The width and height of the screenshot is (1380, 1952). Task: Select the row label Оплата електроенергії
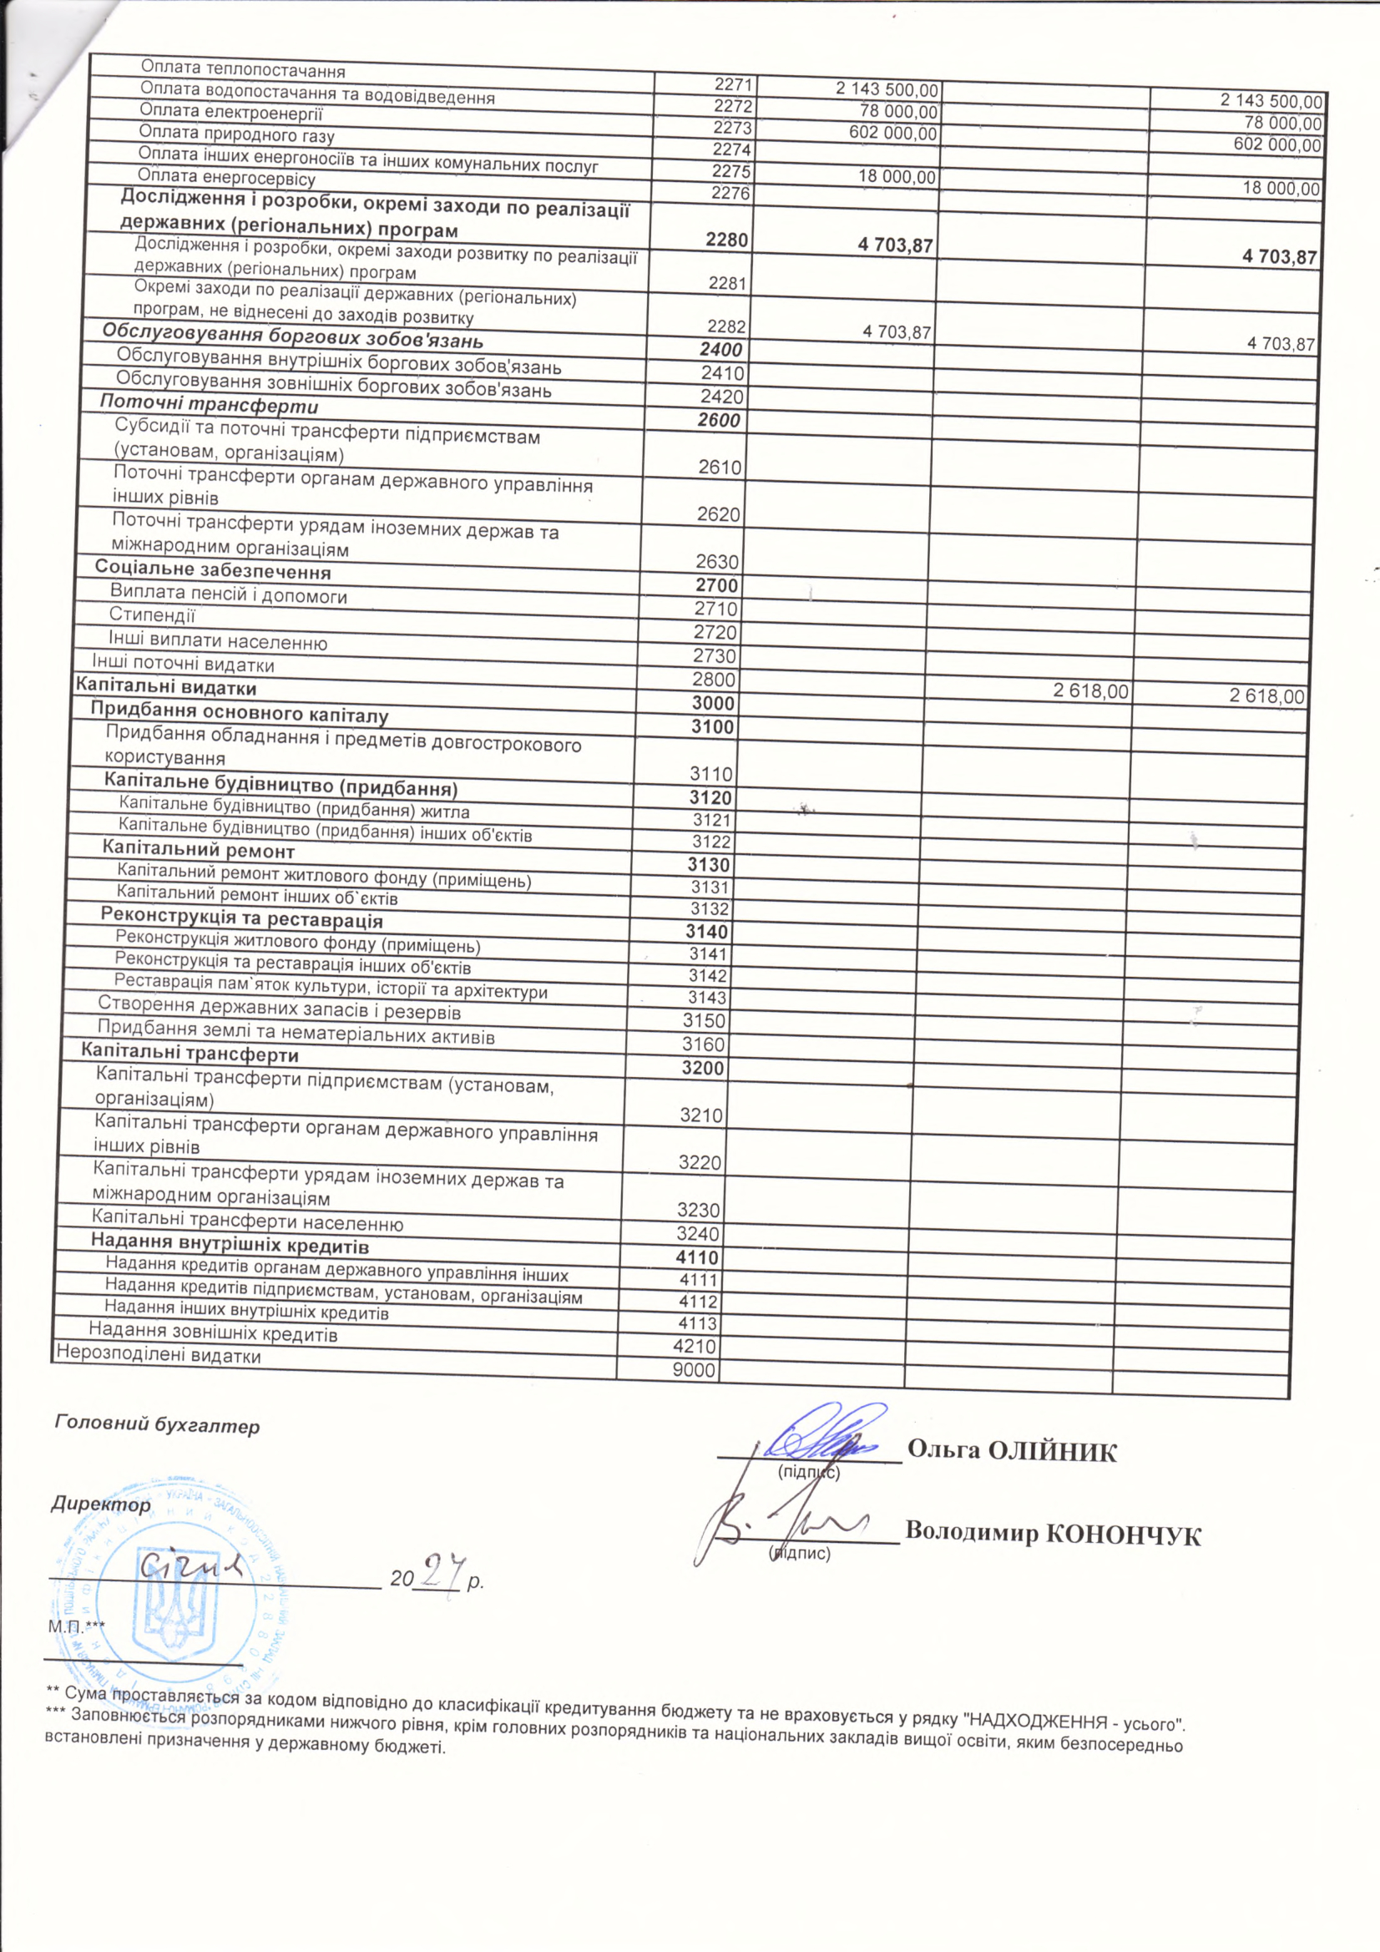(231, 112)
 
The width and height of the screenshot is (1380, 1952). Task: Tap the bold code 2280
(726, 240)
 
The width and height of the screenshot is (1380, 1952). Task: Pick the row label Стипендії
(152, 614)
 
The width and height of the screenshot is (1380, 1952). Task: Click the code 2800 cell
(715, 680)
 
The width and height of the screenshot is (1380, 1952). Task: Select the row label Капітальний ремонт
(198, 849)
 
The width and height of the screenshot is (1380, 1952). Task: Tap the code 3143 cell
(708, 997)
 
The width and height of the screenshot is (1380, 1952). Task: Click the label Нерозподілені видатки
(158, 1356)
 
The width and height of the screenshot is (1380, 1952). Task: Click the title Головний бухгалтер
(157, 1426)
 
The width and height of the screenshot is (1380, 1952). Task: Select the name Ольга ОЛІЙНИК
(1012, 1451)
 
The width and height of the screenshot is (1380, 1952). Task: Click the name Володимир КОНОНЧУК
(1053, 1533)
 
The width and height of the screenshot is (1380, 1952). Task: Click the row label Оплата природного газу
(236, 134)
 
